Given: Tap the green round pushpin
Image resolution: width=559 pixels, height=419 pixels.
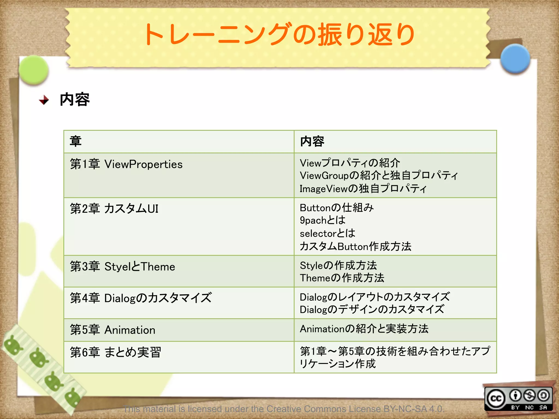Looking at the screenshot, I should [x=34, y=70].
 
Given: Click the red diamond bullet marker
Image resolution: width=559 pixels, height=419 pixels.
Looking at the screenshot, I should [x=44, y=100].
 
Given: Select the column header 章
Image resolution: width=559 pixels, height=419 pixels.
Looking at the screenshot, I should [x=76, y=141].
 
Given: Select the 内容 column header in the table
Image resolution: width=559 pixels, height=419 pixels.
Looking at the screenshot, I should [x=312, y=141].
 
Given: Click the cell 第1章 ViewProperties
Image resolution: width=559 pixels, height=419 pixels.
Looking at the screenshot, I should [x=126, y=164].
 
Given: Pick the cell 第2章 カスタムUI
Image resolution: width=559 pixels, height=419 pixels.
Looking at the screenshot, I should [x=114, y=209].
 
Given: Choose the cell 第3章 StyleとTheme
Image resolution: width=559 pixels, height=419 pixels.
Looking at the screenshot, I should [x=122, y=267].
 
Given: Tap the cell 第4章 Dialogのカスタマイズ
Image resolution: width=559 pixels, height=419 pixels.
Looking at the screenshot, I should [x=141, y=298].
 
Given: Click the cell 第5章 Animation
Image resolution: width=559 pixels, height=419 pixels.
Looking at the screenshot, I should [x=112, y=330].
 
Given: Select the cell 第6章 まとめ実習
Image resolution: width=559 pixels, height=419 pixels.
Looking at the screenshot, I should [x=115, y=352].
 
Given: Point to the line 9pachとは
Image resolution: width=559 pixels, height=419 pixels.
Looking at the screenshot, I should [x=323, y=220].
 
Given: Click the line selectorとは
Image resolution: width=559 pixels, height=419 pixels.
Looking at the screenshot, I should [x=328, y=233].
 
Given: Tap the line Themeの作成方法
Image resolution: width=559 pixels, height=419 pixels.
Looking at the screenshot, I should [x=342, y=278].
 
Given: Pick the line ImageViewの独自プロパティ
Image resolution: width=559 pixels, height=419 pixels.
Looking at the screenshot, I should [x=363, y=188].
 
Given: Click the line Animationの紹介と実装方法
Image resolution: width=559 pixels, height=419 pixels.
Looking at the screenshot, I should [x=364, y=329].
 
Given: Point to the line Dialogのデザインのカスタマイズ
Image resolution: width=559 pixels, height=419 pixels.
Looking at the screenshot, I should [x=372, y=309].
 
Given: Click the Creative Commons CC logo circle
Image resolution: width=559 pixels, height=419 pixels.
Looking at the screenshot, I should [x=496, y=399].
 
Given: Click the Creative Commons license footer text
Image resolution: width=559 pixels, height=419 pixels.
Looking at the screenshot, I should [x=284, y=409].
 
